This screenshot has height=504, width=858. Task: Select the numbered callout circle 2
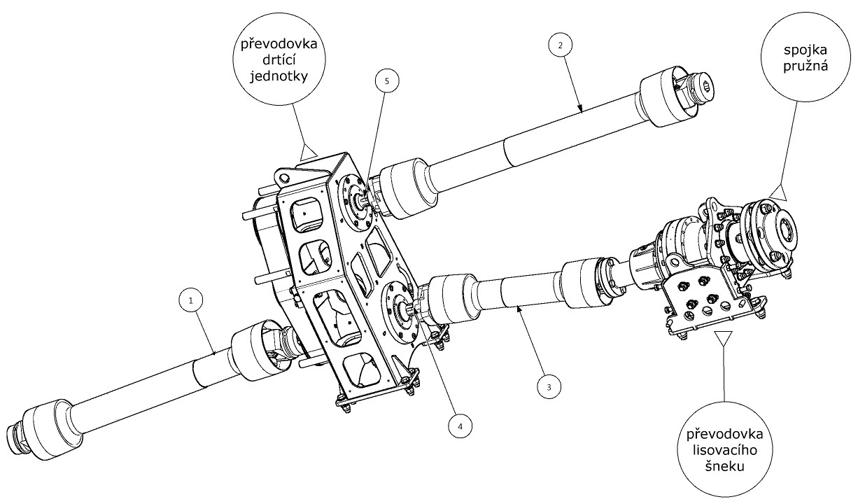[558, 44]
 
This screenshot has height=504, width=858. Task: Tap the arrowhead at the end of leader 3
[518, 307]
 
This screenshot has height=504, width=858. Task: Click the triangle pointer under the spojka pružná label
[782, 191]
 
